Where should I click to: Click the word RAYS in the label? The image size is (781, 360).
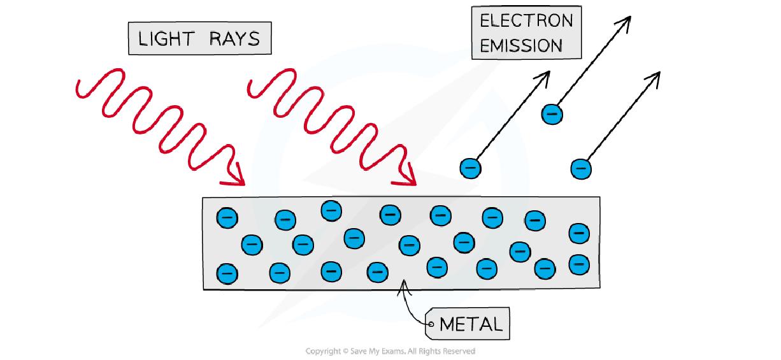[235, 39]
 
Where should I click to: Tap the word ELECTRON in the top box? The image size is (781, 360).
[526, 20]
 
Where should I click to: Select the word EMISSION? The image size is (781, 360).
[521, 46]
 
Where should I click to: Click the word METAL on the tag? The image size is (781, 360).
[471, 324]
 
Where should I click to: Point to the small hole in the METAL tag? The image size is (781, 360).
[431, 324]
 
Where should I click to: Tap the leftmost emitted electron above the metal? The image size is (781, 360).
[470, 168]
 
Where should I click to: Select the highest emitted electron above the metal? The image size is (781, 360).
[552, 114]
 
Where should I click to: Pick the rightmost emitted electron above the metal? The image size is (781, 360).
[580, 169]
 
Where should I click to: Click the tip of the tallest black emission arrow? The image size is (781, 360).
[629, 16]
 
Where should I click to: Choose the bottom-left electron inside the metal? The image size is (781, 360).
[227, 273]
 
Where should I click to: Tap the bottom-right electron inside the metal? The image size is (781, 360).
[578, 264]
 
